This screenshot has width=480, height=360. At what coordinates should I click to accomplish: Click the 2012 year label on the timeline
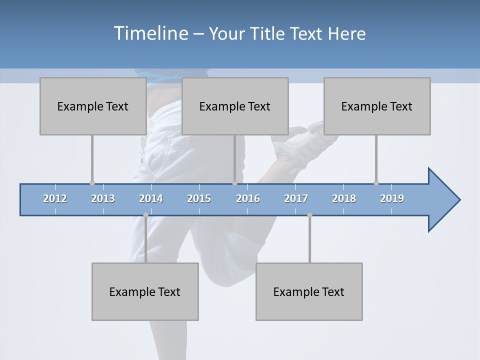(55, 198)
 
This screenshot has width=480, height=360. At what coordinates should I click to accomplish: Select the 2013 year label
(103, 198)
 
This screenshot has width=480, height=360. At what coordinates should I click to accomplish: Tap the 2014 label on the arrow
(151, 198)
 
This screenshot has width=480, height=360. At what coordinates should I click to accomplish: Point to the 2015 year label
(199, 198)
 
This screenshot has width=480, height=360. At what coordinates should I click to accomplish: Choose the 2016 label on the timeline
(248, 198)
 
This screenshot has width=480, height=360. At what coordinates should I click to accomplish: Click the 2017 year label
(296, 198)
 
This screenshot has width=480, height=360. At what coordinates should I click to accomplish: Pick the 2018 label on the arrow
(344, 198)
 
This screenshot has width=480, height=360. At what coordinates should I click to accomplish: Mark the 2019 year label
(392, 198)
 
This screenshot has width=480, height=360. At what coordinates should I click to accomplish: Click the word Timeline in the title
(150, 33)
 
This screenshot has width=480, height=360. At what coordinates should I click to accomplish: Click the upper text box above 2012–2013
(93, 106)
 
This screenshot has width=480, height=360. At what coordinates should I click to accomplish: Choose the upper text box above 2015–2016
(235, 106)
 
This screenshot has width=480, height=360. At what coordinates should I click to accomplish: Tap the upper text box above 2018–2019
(377, 106)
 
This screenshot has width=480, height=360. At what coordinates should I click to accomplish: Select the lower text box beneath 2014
(145, 291)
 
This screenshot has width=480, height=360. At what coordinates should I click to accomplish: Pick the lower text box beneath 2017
(309, 291)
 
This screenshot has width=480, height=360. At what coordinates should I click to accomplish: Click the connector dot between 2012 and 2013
(92, 183)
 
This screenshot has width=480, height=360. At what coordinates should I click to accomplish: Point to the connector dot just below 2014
(145, 215)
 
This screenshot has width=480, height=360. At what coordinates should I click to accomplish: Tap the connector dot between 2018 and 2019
(376, 183)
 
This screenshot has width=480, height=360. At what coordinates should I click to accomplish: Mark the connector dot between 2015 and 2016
(234, 183)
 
